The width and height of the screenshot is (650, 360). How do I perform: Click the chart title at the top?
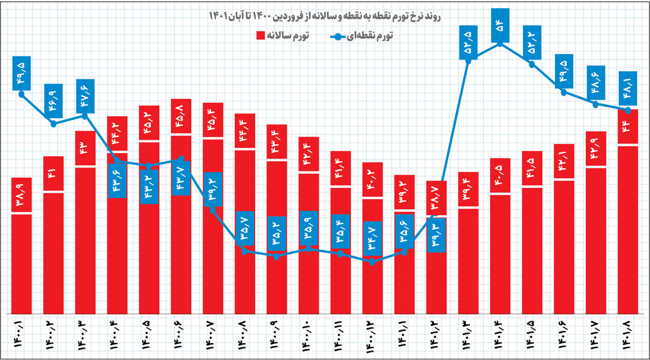coord(325,14)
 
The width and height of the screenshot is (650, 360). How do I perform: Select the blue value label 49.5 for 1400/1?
coord(22,72)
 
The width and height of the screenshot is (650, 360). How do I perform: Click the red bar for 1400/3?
coord(85,241)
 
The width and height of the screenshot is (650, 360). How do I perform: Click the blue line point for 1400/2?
coord(53,124)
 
